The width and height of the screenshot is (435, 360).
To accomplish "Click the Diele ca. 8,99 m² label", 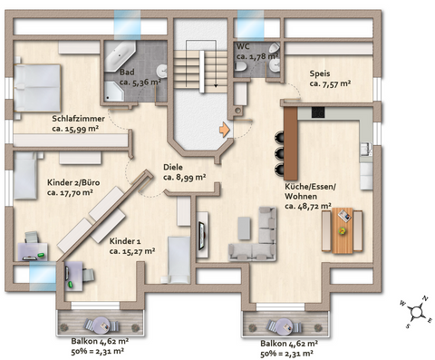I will pos(184,172).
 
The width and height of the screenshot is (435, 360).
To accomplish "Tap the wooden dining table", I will pos(343,230).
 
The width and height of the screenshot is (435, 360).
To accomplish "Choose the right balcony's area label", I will pos(289,346).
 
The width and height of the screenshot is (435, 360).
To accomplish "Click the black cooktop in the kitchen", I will pos(318,112).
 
